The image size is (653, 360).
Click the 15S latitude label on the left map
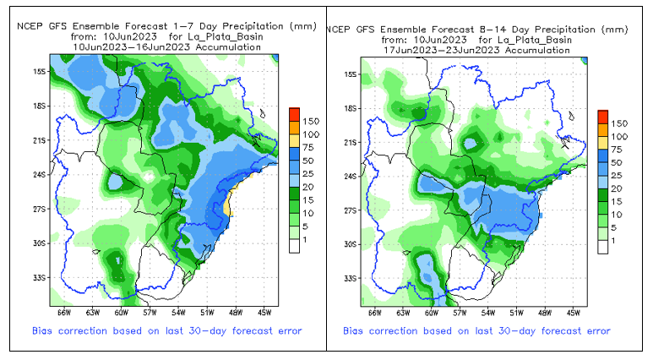40,73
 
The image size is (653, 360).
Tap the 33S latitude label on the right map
352,278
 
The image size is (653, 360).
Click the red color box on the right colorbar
602,115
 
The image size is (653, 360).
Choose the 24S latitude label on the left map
40,176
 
